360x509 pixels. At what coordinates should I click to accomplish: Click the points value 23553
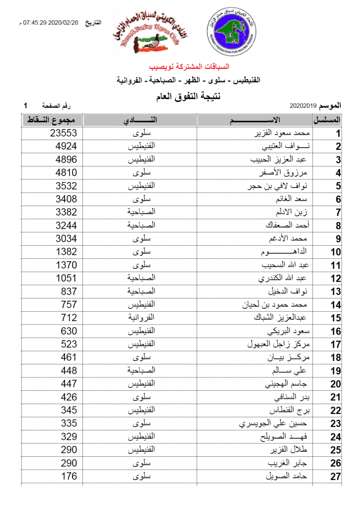pos(64,133)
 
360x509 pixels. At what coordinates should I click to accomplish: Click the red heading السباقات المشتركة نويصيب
pos(189,67)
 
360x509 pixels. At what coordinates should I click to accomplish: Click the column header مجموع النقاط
pos(52,120)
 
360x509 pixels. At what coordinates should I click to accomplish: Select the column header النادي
pos(140,120)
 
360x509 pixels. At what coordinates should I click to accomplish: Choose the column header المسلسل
pos(327,120)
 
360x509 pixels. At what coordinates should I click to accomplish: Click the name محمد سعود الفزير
pos(280,133)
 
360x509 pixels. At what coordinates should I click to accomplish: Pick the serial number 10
pos(335,252)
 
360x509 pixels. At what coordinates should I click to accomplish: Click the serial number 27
pos(335,476)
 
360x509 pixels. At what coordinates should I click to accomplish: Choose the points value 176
pos(69,476)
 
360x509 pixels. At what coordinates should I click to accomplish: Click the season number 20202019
pos(304,105)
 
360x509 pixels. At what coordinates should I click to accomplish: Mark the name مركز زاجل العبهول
pos(277,344)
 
